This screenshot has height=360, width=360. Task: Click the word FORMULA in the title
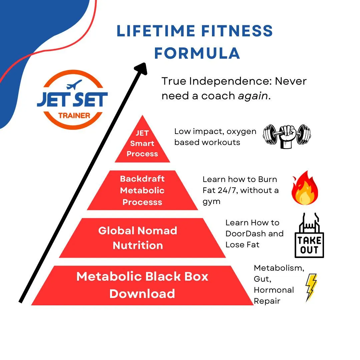point(197,53)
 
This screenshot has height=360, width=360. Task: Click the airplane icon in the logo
point(74,85)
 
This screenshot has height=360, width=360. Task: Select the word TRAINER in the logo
point(74,116)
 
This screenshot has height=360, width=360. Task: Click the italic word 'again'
point(253,96)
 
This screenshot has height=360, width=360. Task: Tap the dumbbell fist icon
point(287,136)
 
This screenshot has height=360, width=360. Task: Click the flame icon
point(305,189)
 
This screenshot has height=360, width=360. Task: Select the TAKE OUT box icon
point(309,236)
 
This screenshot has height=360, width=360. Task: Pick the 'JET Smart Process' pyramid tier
point(142,144)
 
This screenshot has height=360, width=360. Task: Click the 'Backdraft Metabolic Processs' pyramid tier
point(142,190)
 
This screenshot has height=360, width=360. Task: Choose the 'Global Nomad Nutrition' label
point(138,238)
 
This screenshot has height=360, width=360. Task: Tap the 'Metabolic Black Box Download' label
point(142,285)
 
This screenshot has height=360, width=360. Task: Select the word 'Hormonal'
point(274,290)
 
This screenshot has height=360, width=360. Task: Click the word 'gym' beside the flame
point(211,202)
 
